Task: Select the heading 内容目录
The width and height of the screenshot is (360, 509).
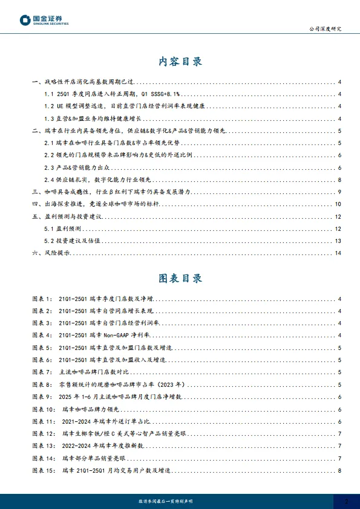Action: pyautogui.click(x=180, y=62)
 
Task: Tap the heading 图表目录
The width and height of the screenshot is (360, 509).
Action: pyautogui.click(x=180, y=278)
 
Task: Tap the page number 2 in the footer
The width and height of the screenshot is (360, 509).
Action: pyautogui.click(x=346, y=501)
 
